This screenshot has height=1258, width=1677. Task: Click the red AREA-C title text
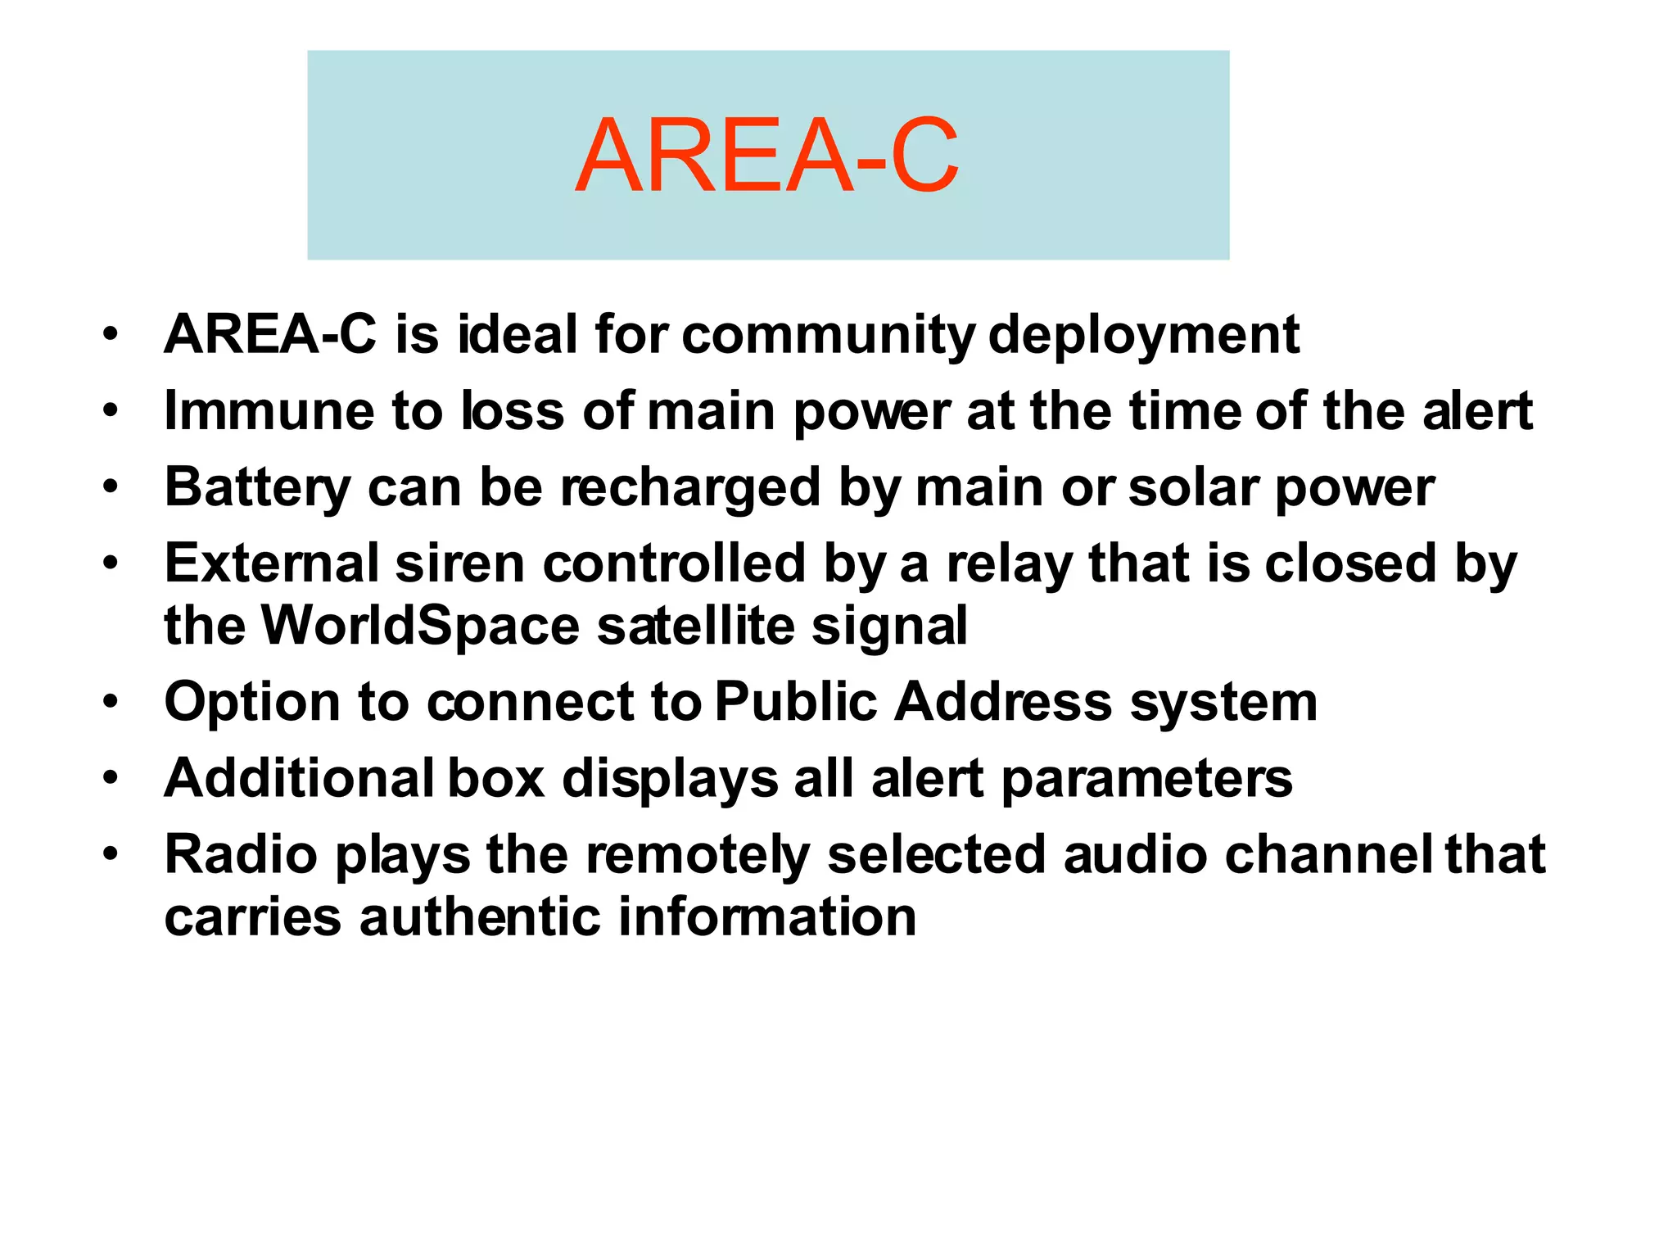766,156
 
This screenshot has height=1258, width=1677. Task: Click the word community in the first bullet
828,335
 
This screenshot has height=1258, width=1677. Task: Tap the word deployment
1144,335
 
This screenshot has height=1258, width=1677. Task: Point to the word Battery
257,487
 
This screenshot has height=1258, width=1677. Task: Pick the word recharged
690,487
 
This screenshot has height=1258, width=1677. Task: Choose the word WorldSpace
421,626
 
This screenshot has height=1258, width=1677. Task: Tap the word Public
796,703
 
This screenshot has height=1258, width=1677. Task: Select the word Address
1003,703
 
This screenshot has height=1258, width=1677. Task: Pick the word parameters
1146,778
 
